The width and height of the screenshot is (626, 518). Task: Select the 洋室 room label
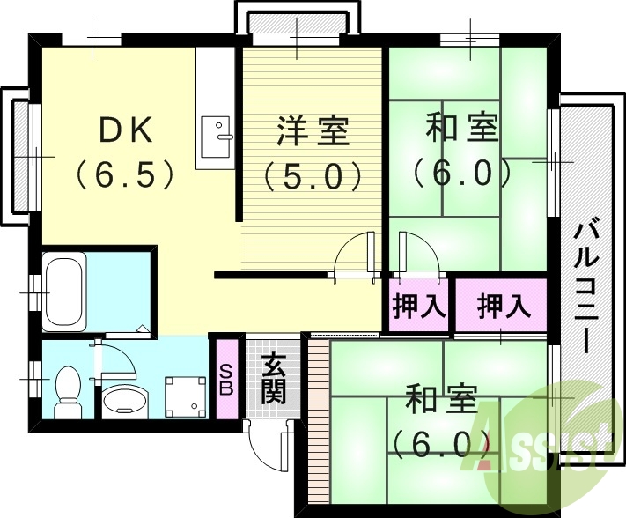coord(313,132)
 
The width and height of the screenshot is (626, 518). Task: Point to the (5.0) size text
coord(313,176)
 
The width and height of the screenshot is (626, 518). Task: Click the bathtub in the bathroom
coord(64,290)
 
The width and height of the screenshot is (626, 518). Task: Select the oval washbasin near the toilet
coord(121,400)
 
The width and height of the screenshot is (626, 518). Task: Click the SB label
coord(226,379)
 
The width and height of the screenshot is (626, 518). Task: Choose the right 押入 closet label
coord(504,307)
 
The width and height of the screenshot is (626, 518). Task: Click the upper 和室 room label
coord(462,129)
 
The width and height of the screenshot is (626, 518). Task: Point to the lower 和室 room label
coord(440,401)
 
